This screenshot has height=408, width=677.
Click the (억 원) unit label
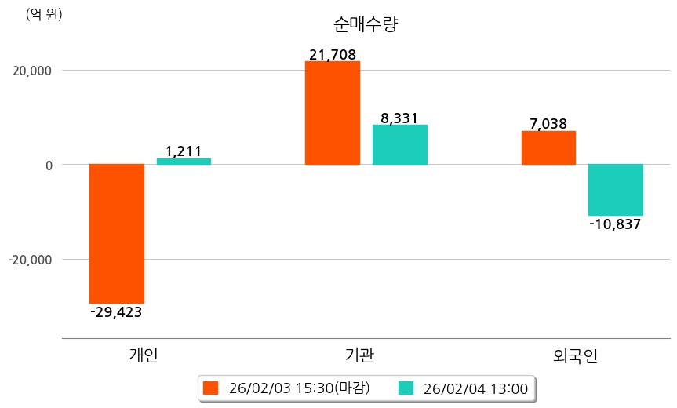click(x=45, y=14)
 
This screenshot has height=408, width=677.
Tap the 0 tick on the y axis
click(x=48, y=166)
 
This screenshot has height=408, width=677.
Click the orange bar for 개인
click(x=117, y=233)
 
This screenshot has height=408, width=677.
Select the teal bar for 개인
click(x=184, y=162)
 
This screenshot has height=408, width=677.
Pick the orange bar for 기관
click(x=333, y=113)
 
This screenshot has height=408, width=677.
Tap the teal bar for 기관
click(x=400, y=144)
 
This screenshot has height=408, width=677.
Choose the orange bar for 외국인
click(x=548, y=148)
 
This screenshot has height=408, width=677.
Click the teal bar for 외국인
click(x=616, y=190)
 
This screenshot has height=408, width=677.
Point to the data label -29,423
click(x=117, y=312)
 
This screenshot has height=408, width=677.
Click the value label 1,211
click(x=184, y=151)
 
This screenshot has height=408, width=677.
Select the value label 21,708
click(x=333, y=55)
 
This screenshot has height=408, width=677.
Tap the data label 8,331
click(x=400, y=118)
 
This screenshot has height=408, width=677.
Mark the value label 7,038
click(x=548, y=124)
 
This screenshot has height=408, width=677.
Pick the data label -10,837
click(x=616, y=224)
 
